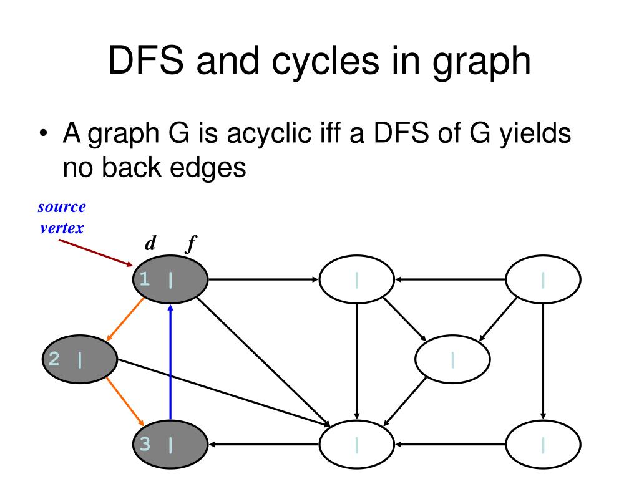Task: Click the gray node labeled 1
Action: coord(170,279)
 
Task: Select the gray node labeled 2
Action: coord(79,359)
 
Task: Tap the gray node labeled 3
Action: coord(170,444)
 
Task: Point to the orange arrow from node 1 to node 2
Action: coord(127,318)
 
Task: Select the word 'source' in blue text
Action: coord(62,206)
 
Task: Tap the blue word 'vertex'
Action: coord(62,227)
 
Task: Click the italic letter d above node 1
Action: coord(150,244)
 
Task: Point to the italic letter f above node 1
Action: coord(190,244)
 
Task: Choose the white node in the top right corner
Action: coord(543,279)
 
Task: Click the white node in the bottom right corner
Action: coord(543,444)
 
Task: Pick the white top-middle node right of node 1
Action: coord(356,279)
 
